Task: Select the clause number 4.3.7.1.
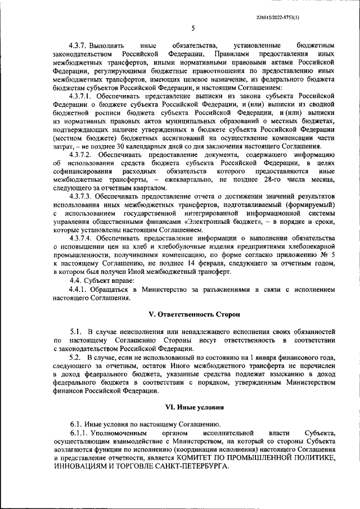82,96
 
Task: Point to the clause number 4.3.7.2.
82,154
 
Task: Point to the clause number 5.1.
75,332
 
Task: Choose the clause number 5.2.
75,357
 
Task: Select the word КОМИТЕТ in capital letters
209,458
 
